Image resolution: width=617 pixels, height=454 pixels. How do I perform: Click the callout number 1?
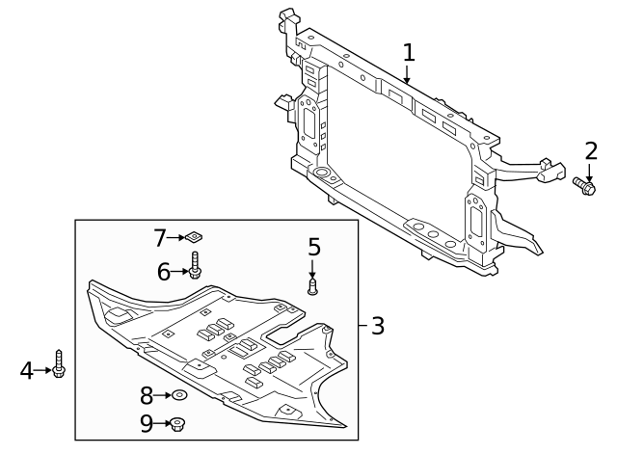pyautogui.click(x=409, y=52)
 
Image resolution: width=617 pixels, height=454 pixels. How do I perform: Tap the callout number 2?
pyautogui.click(x=590, y=150)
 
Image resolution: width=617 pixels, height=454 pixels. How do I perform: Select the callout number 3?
pyautogui.click(x=377, y=326)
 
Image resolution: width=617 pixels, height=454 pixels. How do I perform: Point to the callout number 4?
pyautogui.click(x=27, y=369)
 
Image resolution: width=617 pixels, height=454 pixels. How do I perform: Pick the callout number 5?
pyautogui.click(x=313, y=248)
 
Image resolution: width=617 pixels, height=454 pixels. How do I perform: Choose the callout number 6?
pyautogui.click(x=165, y=273)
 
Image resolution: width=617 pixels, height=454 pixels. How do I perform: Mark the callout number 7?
pyautogui.click(x=161, y=237)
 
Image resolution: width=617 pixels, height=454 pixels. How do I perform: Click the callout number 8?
pyautogui.click(x=147, y=395)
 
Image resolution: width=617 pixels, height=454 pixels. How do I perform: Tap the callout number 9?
pyautogui.click(x=147, y=422)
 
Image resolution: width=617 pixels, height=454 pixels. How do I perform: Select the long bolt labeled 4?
pyautogui.click(x=59, y=363)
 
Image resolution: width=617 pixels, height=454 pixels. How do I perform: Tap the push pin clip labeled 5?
pyautogui.click(x=312, y=285)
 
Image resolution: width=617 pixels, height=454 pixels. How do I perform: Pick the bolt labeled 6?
pyautogui.click(x=195, y=265)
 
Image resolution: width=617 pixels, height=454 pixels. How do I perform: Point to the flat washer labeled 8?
pyautogui.click(x=178, y=395)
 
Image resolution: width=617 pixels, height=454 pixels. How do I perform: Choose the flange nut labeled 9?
pyautogui.click(x=178, y=423)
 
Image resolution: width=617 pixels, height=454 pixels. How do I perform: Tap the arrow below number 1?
pyautogui.click(x=409, y=76)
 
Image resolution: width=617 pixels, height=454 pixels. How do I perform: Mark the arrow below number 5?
pyautogui.click(x=313, y=269)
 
